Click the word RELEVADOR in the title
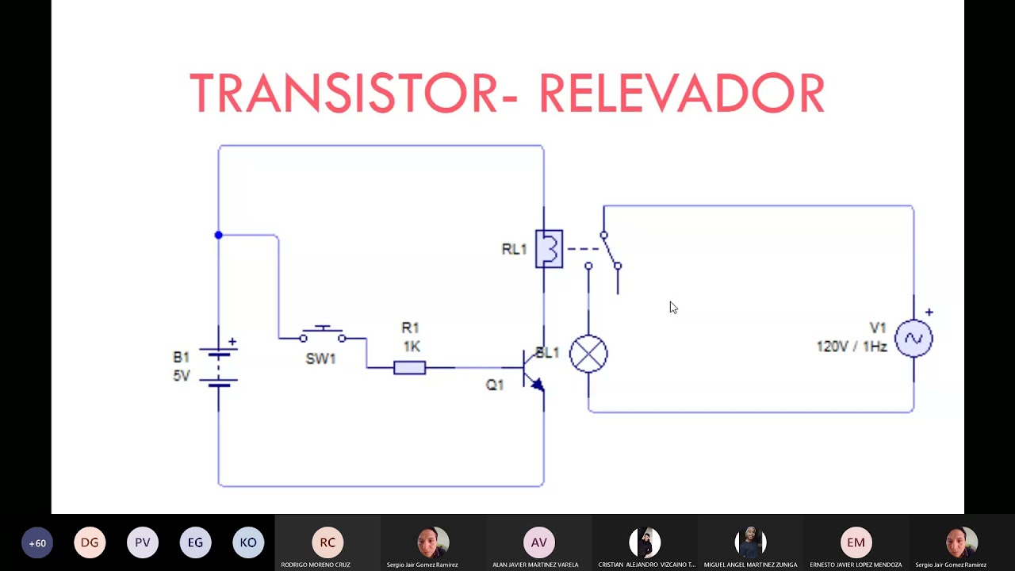click(x=681, y=94)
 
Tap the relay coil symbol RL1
click(x=549, y=249)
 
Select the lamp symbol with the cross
click(x=588, y=354)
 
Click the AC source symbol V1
click(x=913, y=339)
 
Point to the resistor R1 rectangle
click(x=409, y=368)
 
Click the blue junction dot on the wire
click(x=219, y=236)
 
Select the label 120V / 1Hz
click(x=852, y=347)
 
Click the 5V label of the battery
click(x=182, y=375)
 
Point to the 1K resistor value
click(x=411, y=347)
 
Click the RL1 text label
click(x=514, y=250)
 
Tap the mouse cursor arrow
click(x=672, y=307)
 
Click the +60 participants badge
click(x=37, y=543)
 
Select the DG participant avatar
click(x=90, y=542)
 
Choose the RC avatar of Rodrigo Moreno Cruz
click(x=327, y=542)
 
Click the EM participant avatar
click(x=856, y=542)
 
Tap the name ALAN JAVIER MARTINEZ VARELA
click(x=535, y=565)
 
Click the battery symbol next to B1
click(x=219, y=366)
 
